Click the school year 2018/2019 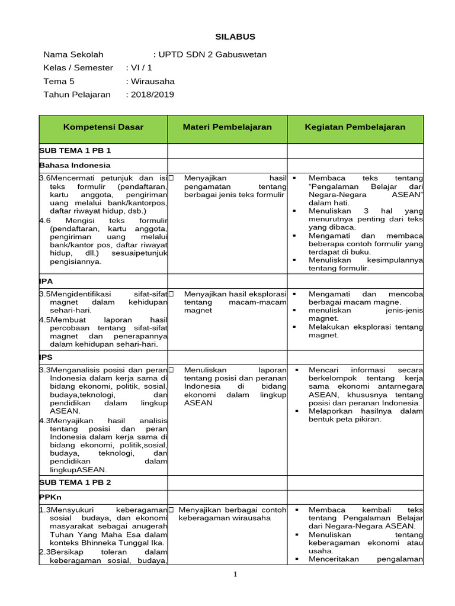point(153,94)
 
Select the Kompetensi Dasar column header point(103,127)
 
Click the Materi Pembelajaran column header point(227,127)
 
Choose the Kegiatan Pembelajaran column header point(355,127)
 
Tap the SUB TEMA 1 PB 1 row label point(75,151)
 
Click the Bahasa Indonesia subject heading point(75,165)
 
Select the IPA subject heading point(46,281)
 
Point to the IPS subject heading point(46,357)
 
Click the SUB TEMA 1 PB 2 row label point(75,482)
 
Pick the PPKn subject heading point(50,497)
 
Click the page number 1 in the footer point(235,573)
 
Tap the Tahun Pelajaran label point(77,94)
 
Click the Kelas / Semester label point(78,67)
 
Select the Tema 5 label point(59,81)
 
